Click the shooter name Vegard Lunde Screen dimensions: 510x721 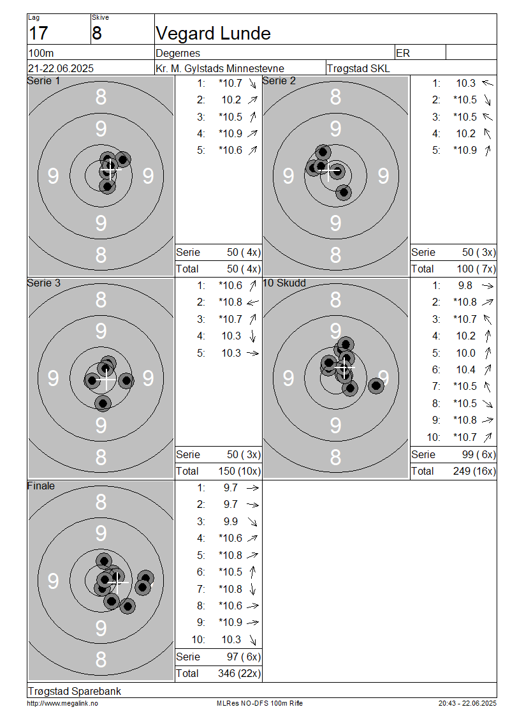click(x=213, y=34)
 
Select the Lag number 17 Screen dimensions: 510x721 click(x=38, y=34)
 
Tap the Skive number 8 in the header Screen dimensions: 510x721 click(x=96, y=34)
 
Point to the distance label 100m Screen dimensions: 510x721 click(x=41, y=53)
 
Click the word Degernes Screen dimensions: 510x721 click(x=178, y=54)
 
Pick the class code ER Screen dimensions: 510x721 click(x=403, y=53)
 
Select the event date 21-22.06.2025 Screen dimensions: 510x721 click(x=61, y=68)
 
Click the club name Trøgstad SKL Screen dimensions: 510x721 click(x=358, y=68)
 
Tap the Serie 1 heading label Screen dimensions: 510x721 click(x=43, y=81)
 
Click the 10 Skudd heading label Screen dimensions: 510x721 click(x=284, y=283)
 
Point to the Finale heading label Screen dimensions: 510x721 click(x=41, y=486)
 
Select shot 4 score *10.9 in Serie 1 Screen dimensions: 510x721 click(x=230, y=133)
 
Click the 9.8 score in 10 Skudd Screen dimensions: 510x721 click(x=465, y=286)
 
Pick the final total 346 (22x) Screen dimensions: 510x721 click(x=239, y=673)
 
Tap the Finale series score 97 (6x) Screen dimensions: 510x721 click(x=244, y=657)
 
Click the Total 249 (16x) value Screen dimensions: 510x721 click(x=475, y=471)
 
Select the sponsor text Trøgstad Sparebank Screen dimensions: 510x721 click(x=75, y=691)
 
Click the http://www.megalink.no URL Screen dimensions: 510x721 click(x=62, y=703)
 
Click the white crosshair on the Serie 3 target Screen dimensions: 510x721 click(x=106, y=380)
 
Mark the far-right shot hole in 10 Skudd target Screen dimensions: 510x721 click(x=376, y=385)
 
